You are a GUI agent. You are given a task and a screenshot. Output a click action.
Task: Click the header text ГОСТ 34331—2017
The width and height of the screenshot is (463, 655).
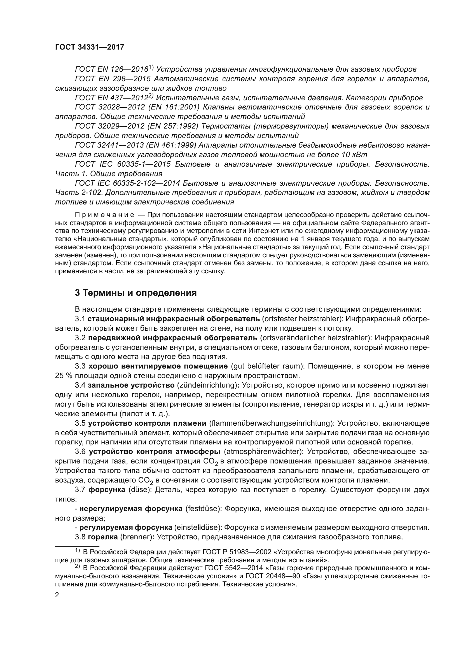coord(90,47)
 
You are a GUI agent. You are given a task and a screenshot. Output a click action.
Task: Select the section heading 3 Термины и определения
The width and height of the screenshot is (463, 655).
coord(136,293)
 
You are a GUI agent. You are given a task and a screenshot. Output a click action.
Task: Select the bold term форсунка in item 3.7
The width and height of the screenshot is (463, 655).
coord(107,490)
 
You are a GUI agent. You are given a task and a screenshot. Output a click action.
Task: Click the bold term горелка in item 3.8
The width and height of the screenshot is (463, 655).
coord(103,537)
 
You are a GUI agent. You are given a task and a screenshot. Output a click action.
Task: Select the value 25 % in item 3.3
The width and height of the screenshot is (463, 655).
coord(64,376)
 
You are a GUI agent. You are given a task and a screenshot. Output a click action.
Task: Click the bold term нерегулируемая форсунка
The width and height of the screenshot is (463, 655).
coord(131,509)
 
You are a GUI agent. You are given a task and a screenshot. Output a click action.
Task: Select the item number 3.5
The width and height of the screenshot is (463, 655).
coord(80,423)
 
